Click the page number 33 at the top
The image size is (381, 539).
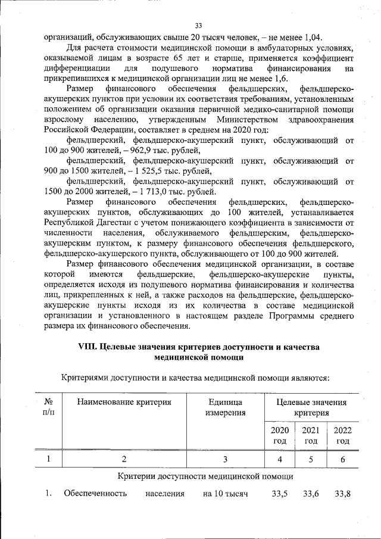pos(199,25)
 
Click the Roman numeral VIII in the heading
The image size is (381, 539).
pos(88,347)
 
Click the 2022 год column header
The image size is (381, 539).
pos(342,435)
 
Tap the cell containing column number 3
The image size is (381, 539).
pos(225,459)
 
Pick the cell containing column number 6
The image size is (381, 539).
pos(342,459)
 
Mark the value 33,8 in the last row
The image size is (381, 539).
pos(343,494)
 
